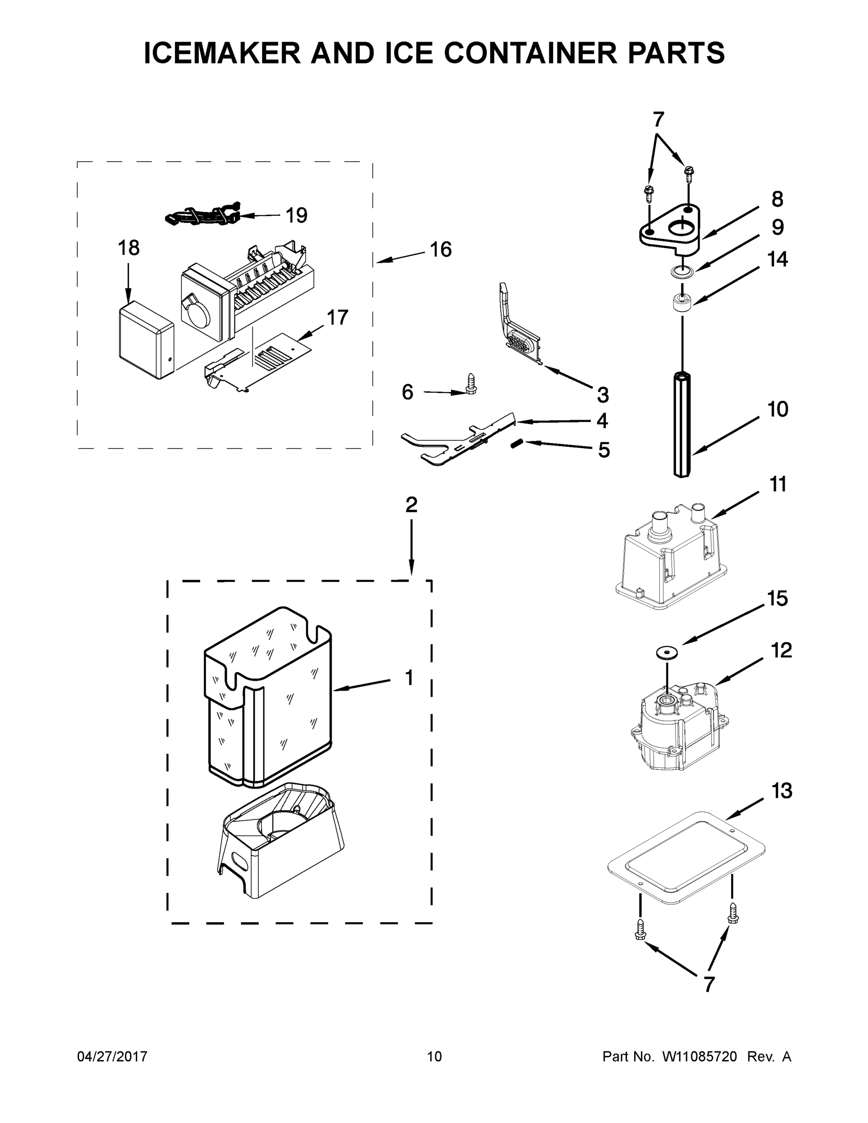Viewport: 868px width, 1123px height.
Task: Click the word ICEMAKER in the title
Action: point(222,53)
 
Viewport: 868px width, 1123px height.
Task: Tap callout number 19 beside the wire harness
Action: point(296,215)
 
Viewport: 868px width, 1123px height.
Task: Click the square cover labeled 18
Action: point(146,340)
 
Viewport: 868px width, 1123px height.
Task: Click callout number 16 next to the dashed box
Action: point(441,249)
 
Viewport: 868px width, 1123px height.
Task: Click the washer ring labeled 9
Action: point(682,271)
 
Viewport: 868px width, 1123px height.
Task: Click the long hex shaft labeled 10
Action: point(682,424)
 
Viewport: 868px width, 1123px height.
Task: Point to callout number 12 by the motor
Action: point(781,650)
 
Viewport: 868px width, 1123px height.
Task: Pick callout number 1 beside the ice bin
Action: point(409,678)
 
